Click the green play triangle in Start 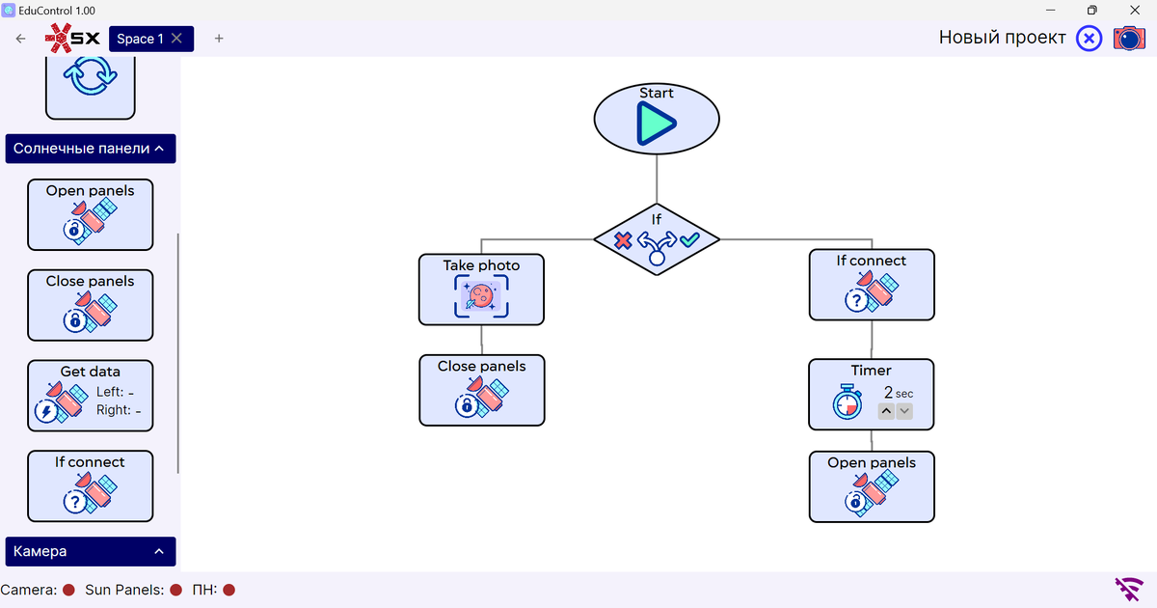656,124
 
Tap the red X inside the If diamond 623,240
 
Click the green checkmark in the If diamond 690,239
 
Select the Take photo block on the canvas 481,290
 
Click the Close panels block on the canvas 482,390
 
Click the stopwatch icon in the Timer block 848,401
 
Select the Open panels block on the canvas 872,486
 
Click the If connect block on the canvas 872,285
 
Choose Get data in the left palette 91,396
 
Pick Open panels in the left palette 91,214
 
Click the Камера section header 91,551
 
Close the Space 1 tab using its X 176,39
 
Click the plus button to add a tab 219,39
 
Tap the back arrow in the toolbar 20,39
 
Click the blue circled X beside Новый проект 1089,39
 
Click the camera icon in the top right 1129,39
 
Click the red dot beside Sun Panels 176,590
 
